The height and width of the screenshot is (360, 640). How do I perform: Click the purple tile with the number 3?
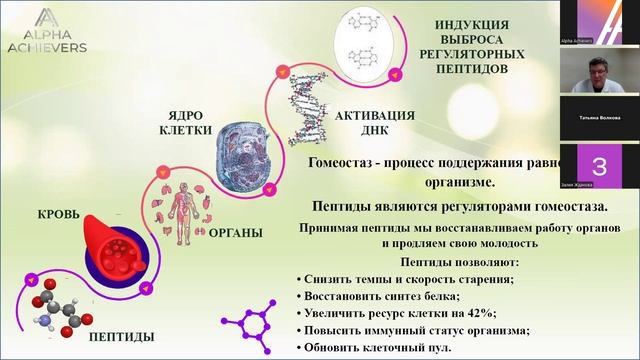click(x=599, y=166)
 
